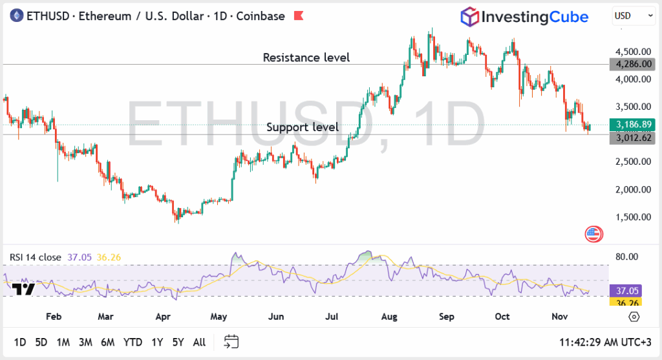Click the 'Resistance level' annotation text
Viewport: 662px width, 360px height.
tap(306, 58)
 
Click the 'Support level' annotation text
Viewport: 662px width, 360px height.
tap(303, 127)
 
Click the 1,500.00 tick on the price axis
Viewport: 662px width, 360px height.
tap(632, 217)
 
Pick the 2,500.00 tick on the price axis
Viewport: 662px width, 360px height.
tap(632, 162)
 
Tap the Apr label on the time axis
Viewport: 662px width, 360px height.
tap(163, 317)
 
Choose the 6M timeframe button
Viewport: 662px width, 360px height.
tap(107, 342)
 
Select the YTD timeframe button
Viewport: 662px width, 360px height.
tap(133, 342)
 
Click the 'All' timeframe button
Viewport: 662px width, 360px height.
tap(199, 342)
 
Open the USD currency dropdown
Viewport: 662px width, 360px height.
tap(632, 16)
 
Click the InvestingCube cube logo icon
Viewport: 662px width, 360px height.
tap(469, 17)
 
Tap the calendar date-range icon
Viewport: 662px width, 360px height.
tap(231, 342)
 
